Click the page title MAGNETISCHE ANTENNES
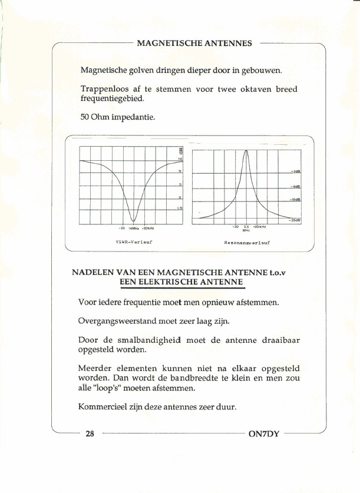click(194, 44)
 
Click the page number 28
click(90, 434)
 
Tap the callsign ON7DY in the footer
click(263, 434)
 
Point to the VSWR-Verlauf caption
click(134, 241)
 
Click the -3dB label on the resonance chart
click(296, 171)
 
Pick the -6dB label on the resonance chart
click(296, 186)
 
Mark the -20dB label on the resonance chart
click(295, 220)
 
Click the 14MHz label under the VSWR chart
click(134, 228)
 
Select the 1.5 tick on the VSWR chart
click(180, 208)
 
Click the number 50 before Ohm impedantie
click(85, 117)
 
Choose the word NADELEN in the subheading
click(91, 273)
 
